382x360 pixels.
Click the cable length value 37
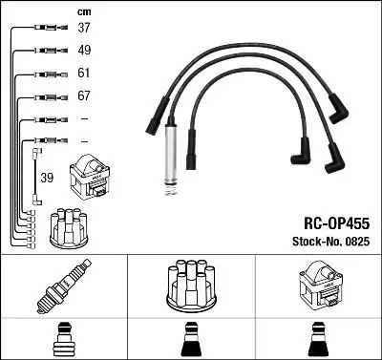(83, 28)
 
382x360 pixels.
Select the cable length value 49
(83, 51)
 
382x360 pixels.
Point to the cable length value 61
(83, 74)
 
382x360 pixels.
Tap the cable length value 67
(83, 96)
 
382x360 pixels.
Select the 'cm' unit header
(83, 11)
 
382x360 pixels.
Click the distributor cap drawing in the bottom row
(190, 285)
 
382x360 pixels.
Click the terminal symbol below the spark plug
(64, 338)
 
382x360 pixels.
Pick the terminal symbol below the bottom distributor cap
(190, 338)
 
